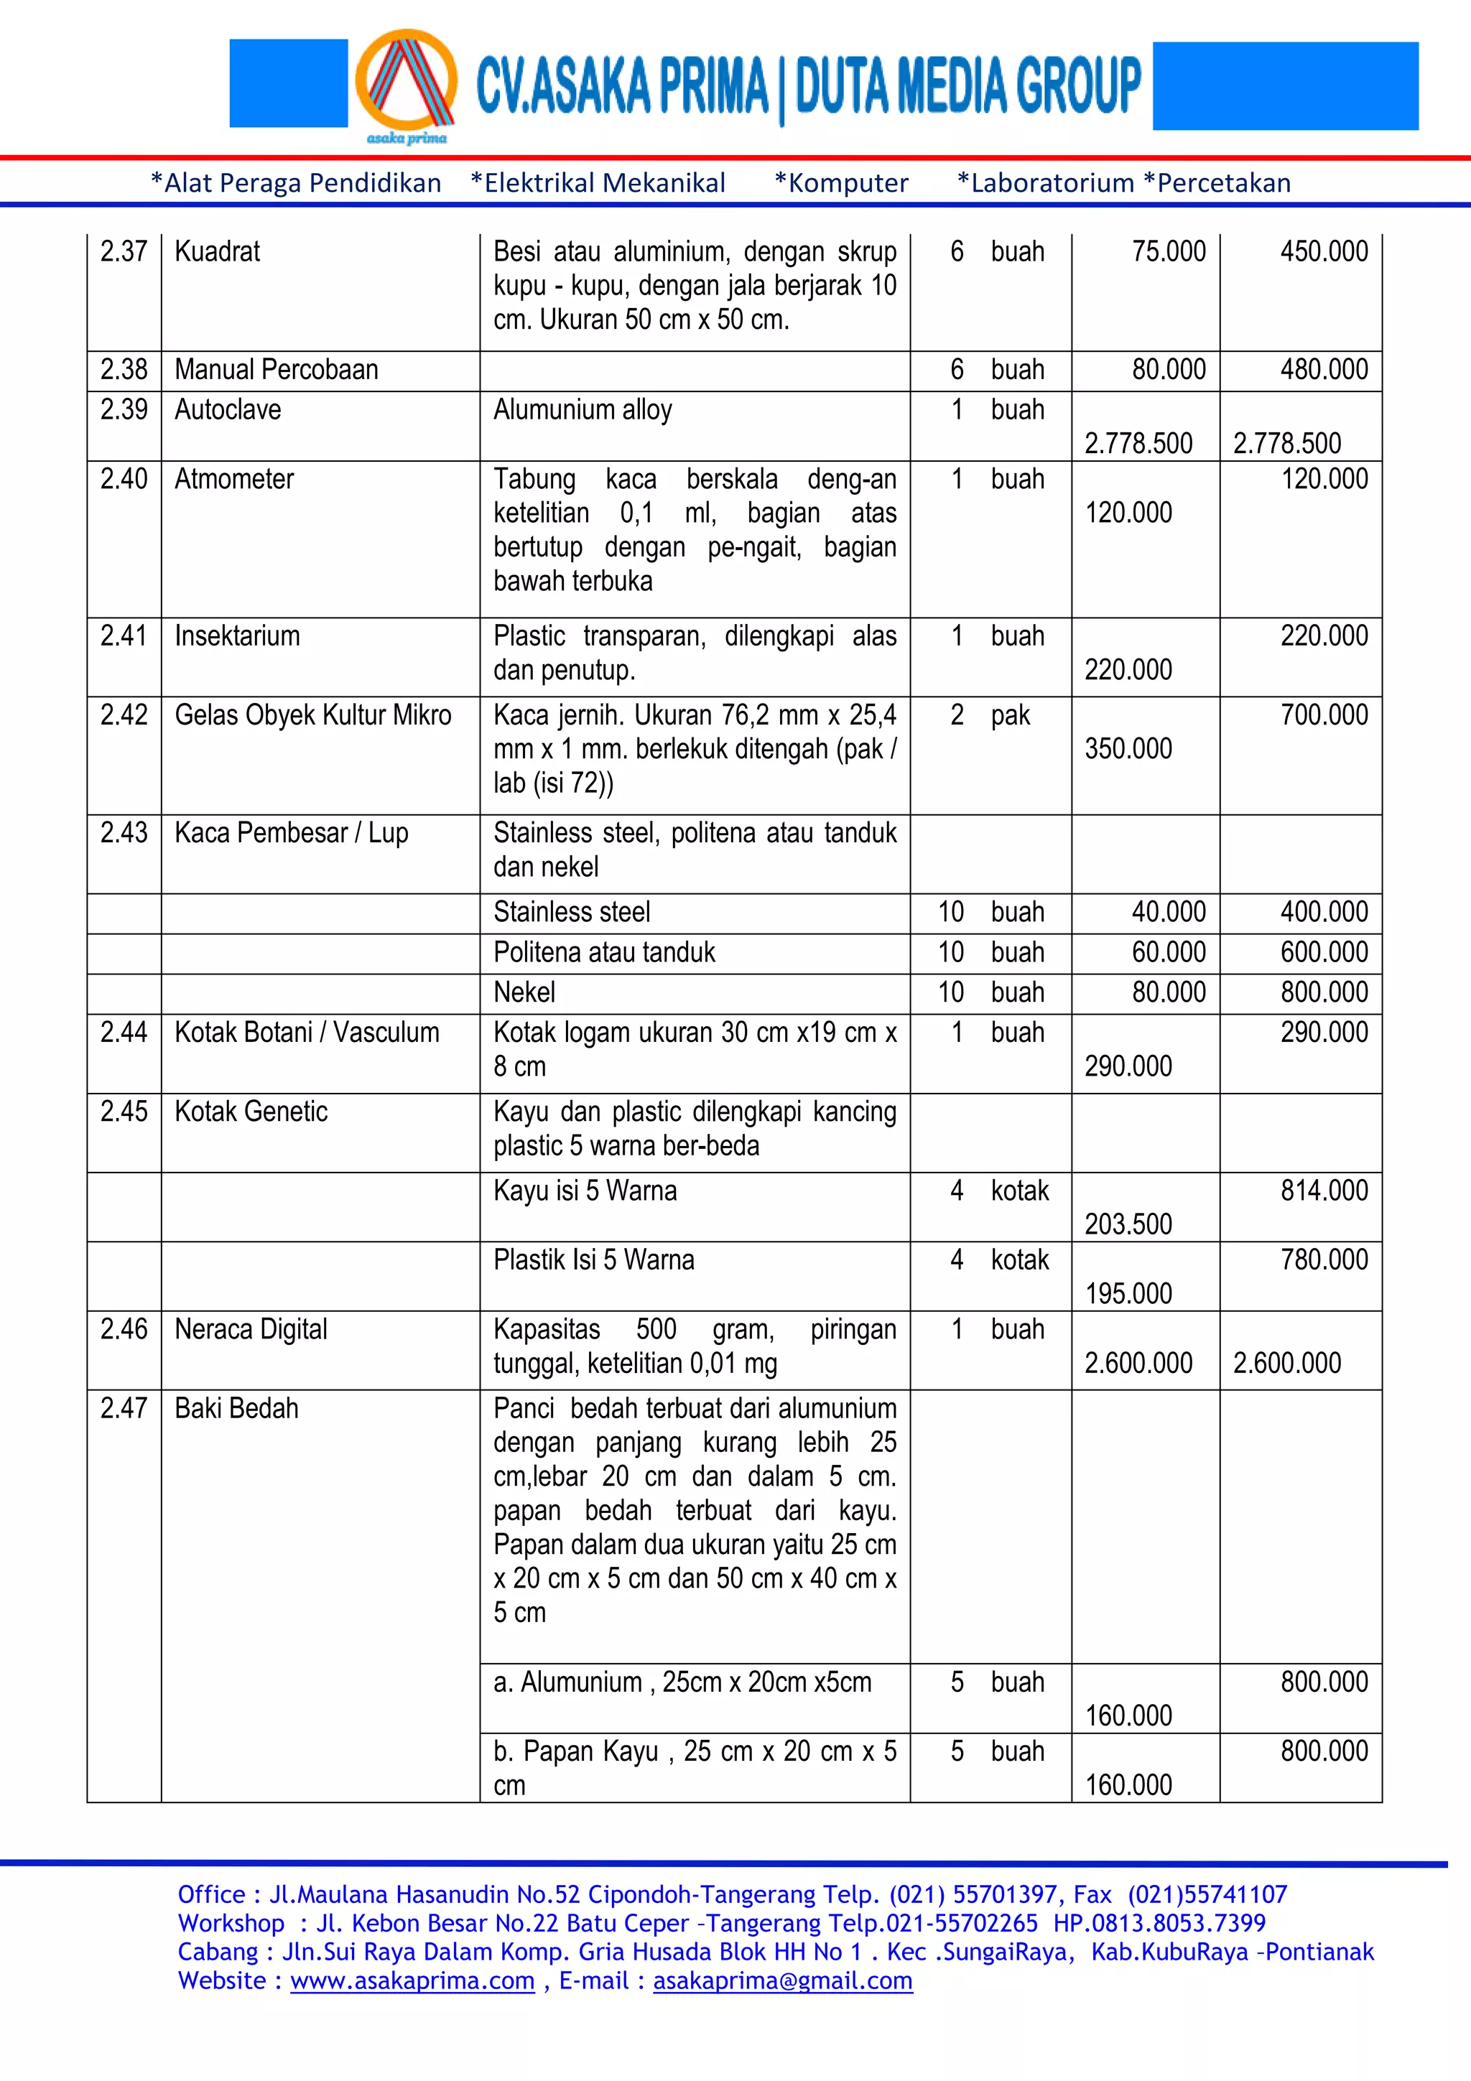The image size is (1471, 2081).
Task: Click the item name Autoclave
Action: click(x=228, y=410)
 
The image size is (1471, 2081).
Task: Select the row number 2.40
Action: click(x=124, y=478)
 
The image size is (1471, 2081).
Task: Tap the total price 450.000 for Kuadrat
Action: click(x=1323, y=251)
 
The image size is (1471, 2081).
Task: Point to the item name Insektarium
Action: click(x=236, y=636)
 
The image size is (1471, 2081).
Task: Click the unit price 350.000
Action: click(x=1128, y=749)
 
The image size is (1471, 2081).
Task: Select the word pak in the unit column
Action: click(x=1010, y=715)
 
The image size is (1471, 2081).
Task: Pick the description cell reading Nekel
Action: click(x=524, y=992)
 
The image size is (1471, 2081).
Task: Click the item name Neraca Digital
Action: click(x=250, y=1328)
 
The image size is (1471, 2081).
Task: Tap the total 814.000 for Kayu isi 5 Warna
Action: click(x=1323, y=1190)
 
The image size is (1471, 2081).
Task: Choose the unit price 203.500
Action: click(x=1128, y=1224)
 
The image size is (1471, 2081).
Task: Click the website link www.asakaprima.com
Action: click(x=412, y=1980)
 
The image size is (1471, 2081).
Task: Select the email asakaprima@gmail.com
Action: click(x=782, y=1980)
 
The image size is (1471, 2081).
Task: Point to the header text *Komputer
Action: click(x=841, y=183)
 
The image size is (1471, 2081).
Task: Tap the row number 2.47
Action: click(x=124, y=1407)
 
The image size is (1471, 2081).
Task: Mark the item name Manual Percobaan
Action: click(x=276, y=370)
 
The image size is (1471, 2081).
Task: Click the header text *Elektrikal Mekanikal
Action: click(x=598, y=183)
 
